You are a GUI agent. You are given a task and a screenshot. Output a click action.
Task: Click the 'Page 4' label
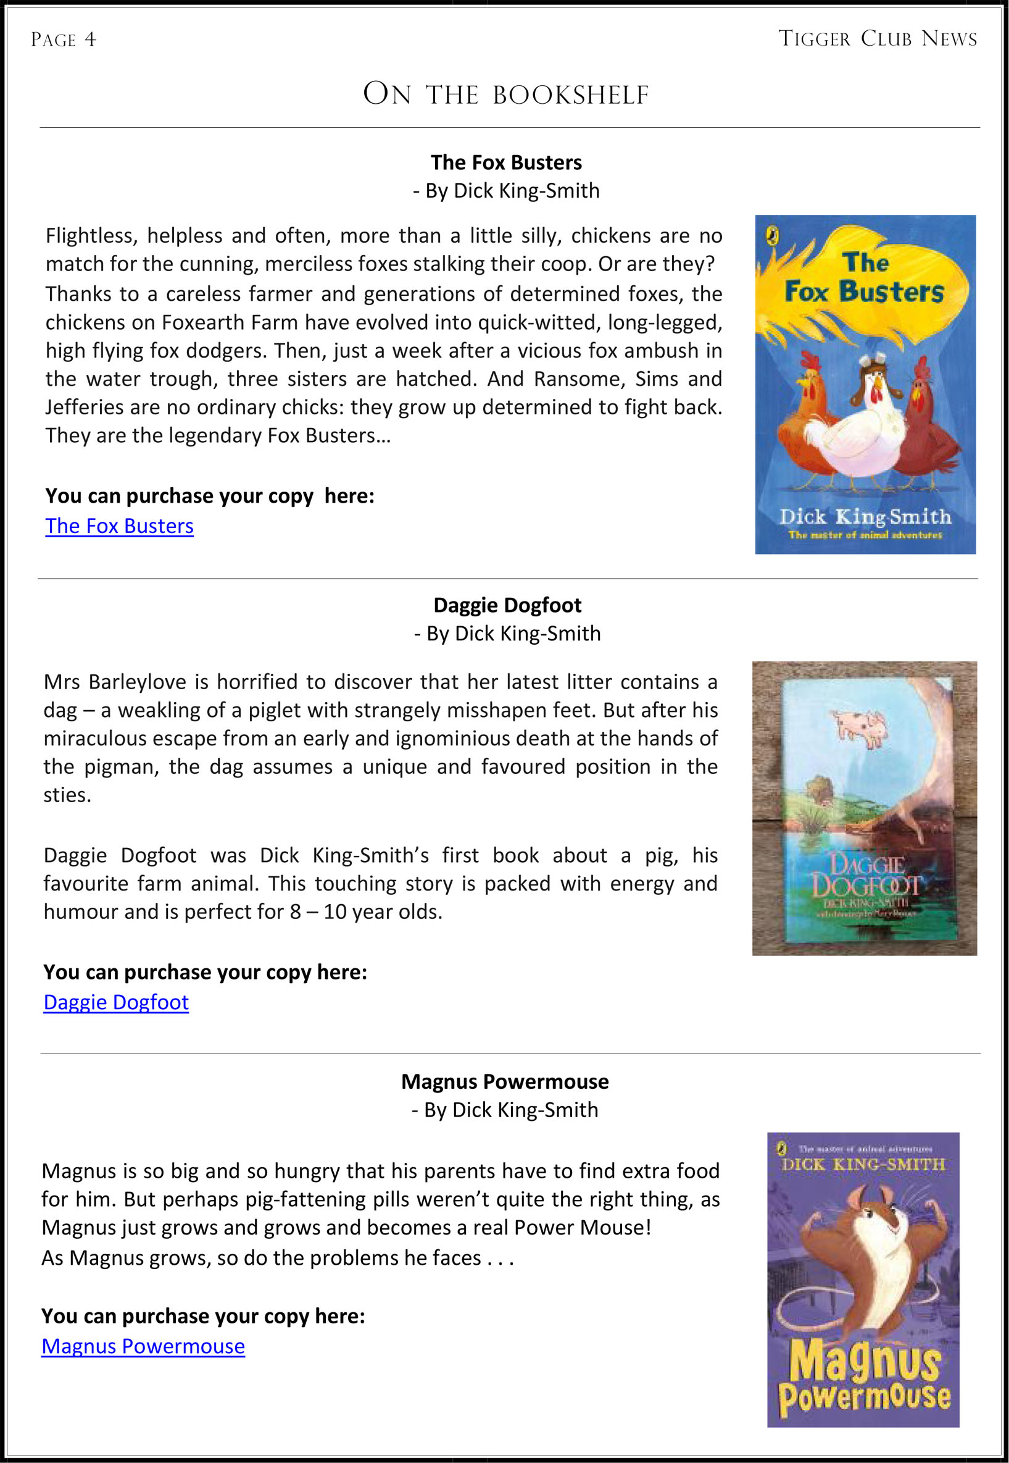pos(63,40)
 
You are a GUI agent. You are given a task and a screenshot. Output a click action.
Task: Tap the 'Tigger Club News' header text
pos(877,38)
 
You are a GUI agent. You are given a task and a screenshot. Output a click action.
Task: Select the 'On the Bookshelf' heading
pos(506,94)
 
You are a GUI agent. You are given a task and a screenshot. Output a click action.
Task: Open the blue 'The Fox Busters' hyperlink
pos(120,526)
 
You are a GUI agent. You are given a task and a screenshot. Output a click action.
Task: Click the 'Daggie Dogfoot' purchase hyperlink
pos(116,1002)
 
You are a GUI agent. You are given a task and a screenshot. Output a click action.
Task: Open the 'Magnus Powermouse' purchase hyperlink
pos(143,1346)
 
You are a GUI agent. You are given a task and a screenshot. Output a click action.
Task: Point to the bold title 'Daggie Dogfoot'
pos(507,605)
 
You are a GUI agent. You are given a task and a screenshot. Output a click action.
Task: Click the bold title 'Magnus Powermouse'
pos(505,1081)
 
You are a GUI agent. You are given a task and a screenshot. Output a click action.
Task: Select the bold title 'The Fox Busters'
pos(506,162)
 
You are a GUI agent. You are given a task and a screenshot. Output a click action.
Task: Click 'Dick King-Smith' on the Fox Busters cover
pos(865,517)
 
